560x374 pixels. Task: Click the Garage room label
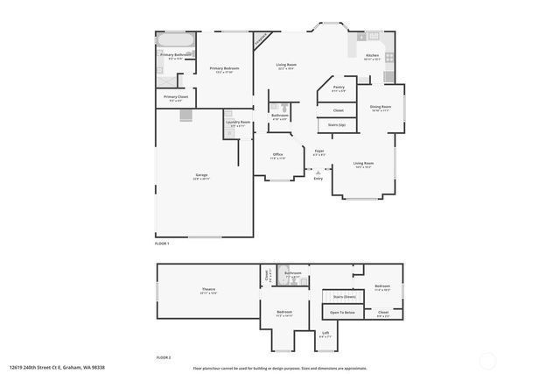(201, 176)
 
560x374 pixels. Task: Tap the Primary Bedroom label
(224, 68)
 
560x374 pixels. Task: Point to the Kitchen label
(372, 56)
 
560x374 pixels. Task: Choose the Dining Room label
(381, 107)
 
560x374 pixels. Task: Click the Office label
(277, 155)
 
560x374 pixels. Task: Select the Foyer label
(319, 152)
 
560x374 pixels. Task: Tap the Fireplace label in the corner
(261, 39)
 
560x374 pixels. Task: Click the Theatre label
(208, 290)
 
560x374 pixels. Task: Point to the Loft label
(325, 332)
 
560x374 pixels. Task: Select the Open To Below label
(342, 312)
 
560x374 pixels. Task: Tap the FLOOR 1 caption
(163, 243)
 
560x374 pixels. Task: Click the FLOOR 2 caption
(163, 357)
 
